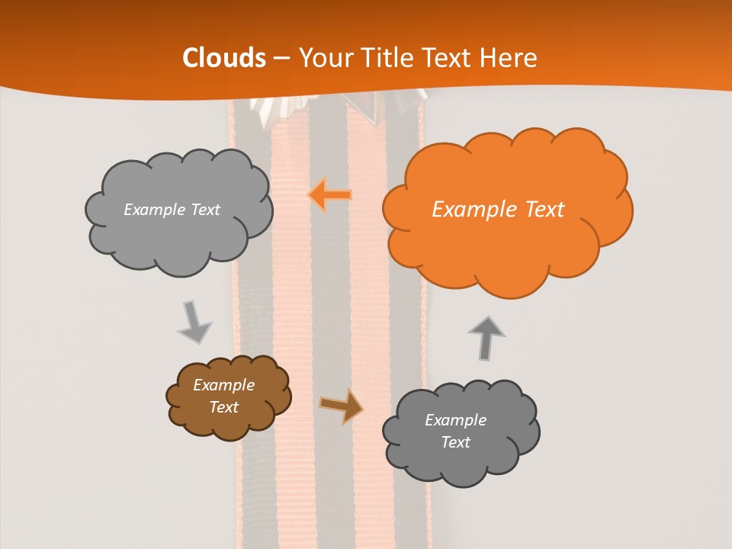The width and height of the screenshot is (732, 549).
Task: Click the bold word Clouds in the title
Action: pyautogui.click(x=224, y=58)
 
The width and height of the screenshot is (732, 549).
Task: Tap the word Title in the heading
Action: pyautogui.click(x=390, y=58)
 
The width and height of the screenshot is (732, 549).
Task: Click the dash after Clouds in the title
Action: pyautogui.click(x=281, y=59)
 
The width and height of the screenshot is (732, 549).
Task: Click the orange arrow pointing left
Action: pyautogui.click(x=329, y=195)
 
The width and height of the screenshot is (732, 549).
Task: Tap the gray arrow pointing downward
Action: pyautogui.click(x=194, y=322)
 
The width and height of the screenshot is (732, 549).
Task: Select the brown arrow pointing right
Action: pyautogui.click(x=342, y=406)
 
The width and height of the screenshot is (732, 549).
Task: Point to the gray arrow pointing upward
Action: pyautogui.click(x=486, y=338)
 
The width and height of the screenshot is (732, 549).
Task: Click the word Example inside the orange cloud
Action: pyautogui.click(x=467, y=210)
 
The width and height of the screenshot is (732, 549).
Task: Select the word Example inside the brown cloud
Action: pyautogui.click(x=223, y=385)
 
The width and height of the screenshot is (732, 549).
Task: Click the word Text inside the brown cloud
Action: pyautogui.click(x=223, y=407)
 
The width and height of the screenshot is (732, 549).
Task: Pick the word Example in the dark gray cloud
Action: pyautogui.click(x=455, y=420)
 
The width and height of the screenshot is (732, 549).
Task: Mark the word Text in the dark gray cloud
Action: pyautogui.click(x=455, y=442)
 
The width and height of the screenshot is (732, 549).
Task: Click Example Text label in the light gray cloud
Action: pyautogui.click(x=172, y=210)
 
